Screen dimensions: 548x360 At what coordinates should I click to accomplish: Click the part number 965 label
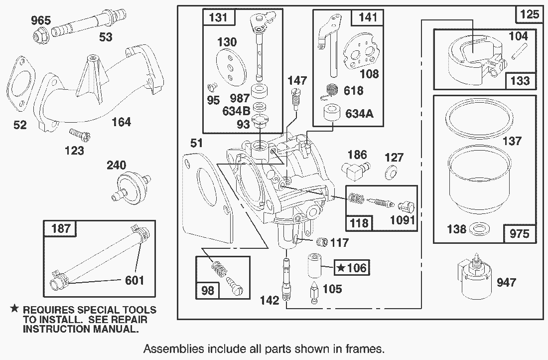tap(41, 20)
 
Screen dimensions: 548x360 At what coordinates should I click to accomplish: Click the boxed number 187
tap(61, 228)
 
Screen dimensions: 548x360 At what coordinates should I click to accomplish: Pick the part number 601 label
tap(135, 280)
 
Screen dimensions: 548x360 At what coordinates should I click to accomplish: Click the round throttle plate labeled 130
tap(231, 67)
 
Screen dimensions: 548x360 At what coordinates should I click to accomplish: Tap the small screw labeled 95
tap(212, 86)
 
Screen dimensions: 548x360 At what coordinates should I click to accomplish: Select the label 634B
tap(236, 111)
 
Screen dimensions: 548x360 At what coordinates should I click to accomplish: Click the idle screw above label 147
tap(296, 99)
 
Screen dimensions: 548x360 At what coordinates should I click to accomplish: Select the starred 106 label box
tap(351, 268)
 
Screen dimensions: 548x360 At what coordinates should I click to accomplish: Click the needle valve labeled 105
tap(314, 294)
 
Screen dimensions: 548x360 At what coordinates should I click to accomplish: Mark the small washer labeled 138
tap(478, 229)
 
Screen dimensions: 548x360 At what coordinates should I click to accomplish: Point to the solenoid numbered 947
tap(474, 277)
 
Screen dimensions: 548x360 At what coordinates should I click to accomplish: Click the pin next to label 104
tap(520, 52)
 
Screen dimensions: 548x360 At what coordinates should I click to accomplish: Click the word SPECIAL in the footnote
tap(99, 310)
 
